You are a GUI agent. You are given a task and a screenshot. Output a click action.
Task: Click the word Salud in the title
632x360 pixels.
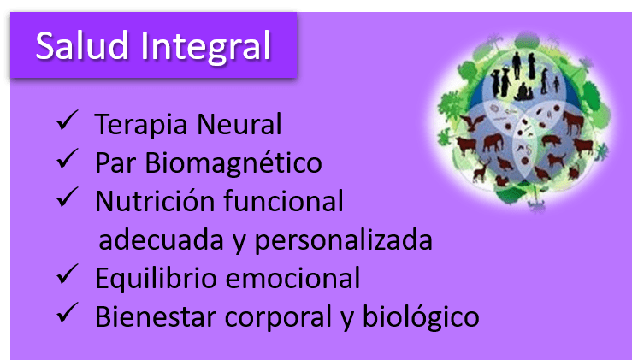click(80, 44)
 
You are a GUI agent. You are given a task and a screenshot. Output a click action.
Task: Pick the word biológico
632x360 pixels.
click(419, 318)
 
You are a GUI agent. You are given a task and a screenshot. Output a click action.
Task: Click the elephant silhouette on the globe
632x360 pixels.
click(492, 142)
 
